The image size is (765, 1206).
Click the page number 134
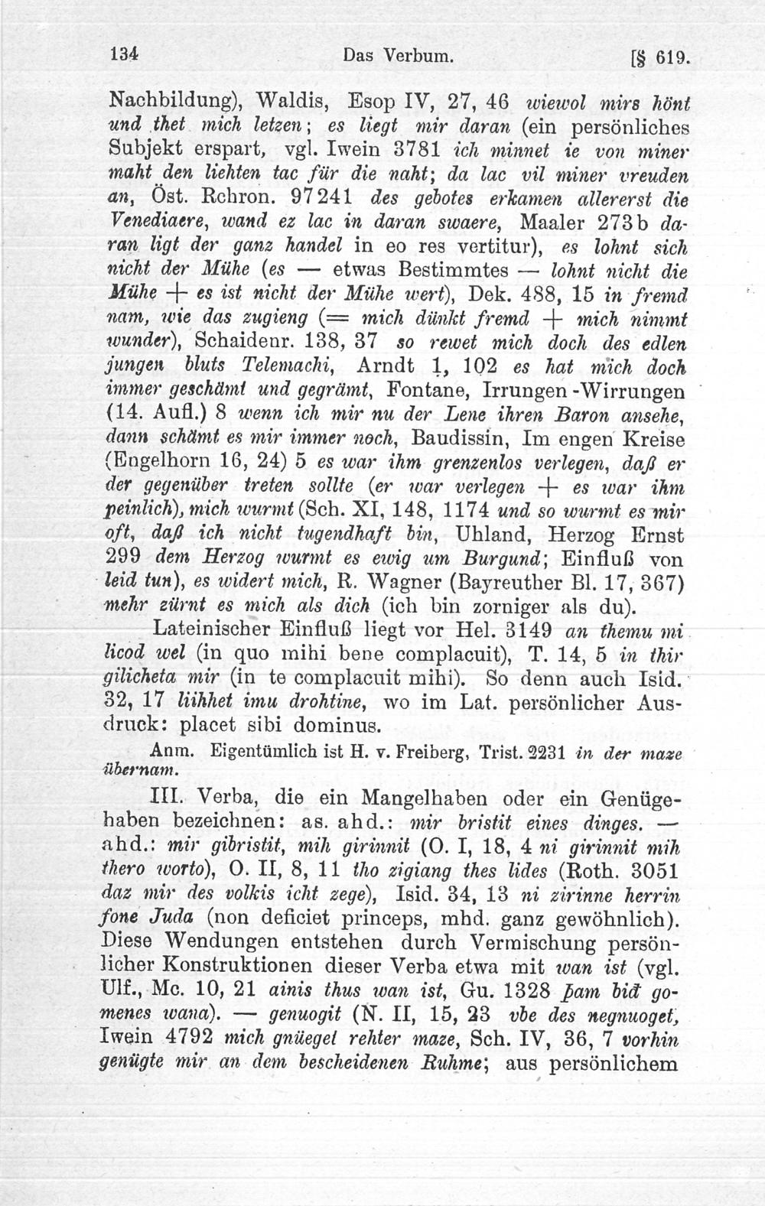(123, 56)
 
